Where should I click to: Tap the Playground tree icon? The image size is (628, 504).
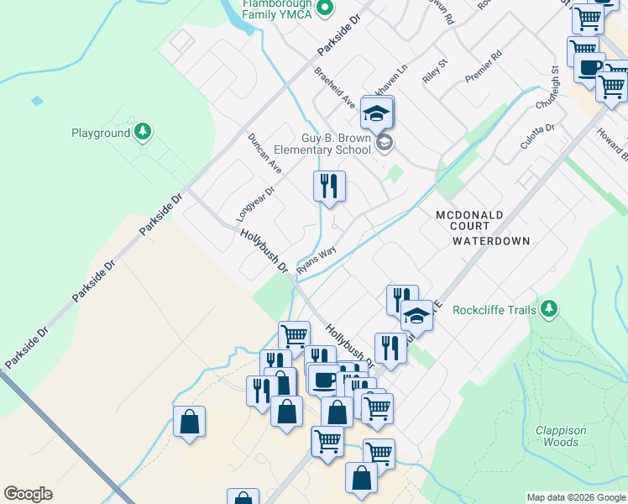pyautogui.click(x=143, y=132)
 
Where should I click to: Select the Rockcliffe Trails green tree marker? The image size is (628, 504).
pyautogui.click(x=549, y=309)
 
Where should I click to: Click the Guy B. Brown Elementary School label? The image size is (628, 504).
pyautogui.click(x=336, y=144)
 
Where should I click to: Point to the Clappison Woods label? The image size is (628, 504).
pyautogui.click(x=561, y=436)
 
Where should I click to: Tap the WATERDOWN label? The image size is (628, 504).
pyautogui.click(x=491, y=241)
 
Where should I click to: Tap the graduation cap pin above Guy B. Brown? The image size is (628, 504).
pyautogui.click(x=377, y=112)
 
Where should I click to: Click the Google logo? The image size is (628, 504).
pyautogui.click(x=28, y=494)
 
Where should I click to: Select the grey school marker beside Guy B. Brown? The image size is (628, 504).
pyautogui.click(x=385, y=141)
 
